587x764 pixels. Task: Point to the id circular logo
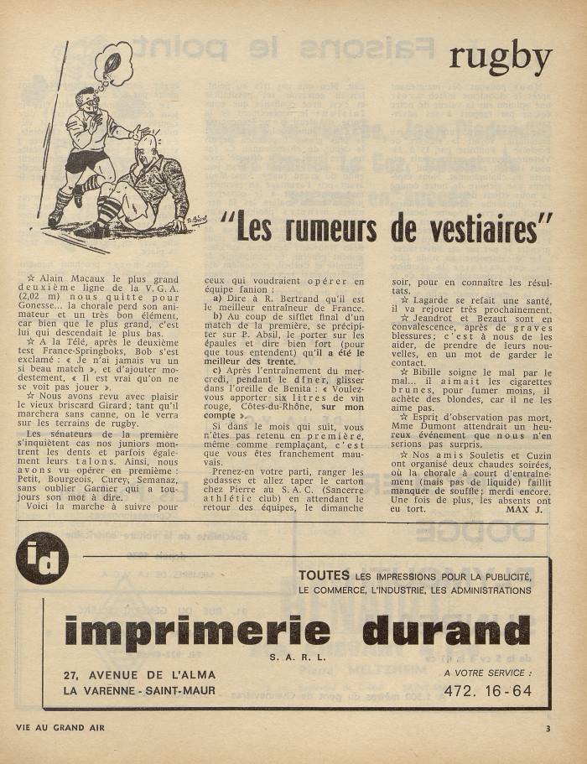[x=41, y=559]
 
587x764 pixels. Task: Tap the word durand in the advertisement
[x=446, y=631]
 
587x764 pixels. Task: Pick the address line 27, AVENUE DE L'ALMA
[x=140, y=675]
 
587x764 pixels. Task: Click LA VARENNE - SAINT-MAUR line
[x=139, y=691]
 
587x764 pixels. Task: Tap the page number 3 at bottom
[x=547, y=728]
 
